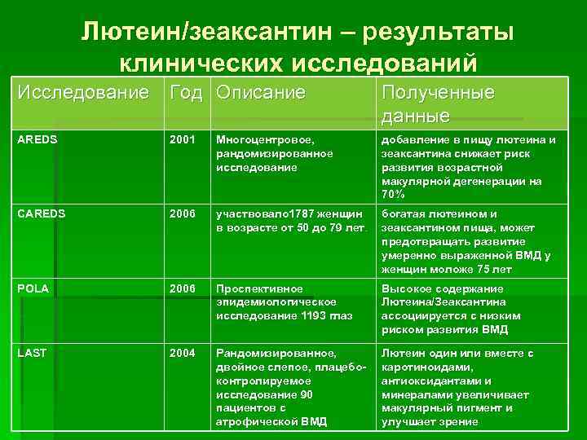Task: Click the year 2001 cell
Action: click(183, 140)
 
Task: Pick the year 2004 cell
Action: click(183, 353)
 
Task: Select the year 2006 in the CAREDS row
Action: click(183, 214)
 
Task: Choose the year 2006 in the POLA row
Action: click(183, 288)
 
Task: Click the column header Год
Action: click(187, 92)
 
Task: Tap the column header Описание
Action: click(261, 92)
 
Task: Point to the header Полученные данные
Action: click(439, 103)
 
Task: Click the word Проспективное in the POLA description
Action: click(259, 288)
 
